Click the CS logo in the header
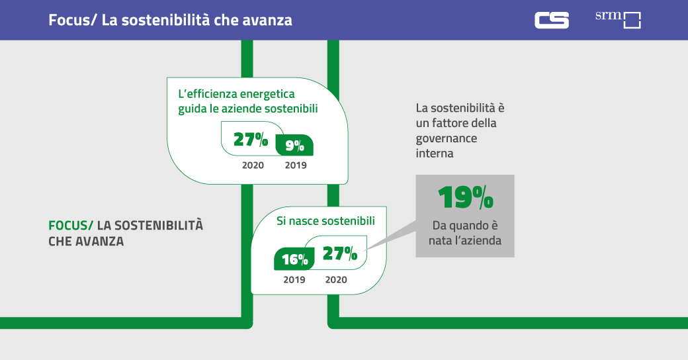coord(551,20)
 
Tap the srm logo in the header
coord(618,19)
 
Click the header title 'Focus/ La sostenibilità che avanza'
coord(170,20)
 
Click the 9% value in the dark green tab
coord(294,146)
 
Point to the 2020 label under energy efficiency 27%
coord(253,165)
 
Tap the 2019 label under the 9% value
coord(296,165)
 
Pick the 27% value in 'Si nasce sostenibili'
coord(340,253)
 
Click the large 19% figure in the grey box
coord(465,197)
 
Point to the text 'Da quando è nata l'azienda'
coord(465,232)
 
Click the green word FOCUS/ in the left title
coord(71,226)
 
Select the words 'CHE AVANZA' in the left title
coord(86,242)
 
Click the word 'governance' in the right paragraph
coord(446,138)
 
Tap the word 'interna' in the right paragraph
coord(435,154)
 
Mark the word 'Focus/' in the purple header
coord(73,20)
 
